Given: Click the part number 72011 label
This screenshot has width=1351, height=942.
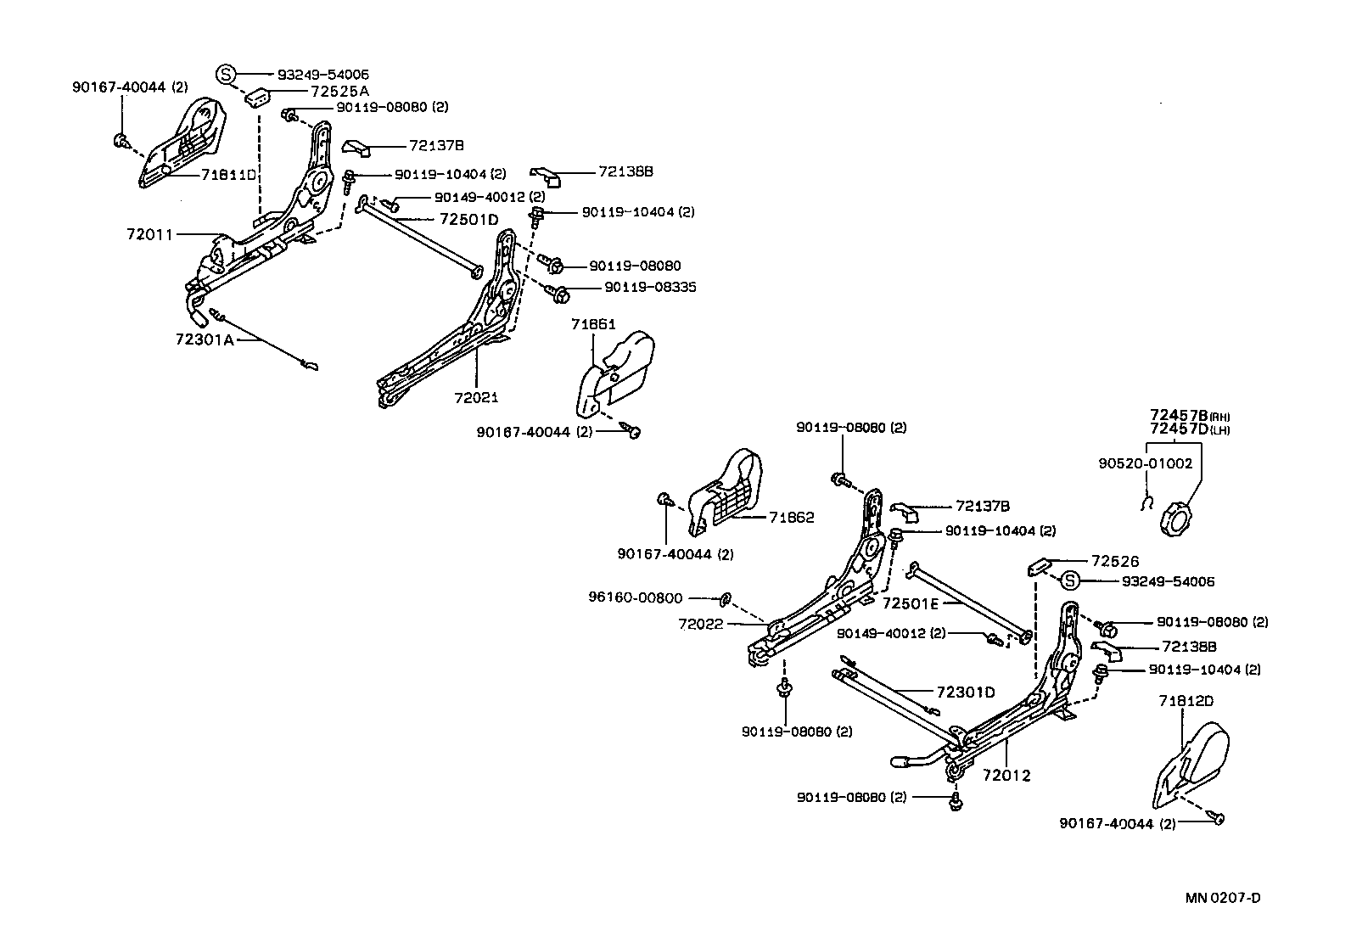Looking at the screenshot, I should pyautogui.click(x=149, y=233).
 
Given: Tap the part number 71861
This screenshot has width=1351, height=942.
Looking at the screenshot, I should pyautogui.click(x=593, y=324).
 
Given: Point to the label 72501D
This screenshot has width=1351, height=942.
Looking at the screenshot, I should pyautogui.click(x=468, y=219).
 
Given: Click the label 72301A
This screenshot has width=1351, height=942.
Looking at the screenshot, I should pyautogui.click(x=205, y=339).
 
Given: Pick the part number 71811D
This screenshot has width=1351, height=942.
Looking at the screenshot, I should pyautogui.click(x=228, y=175).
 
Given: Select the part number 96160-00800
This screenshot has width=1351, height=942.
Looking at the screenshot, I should pyautogui.click(x=635, y=597).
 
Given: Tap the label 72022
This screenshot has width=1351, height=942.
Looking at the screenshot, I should pyautogui.click(x=700, y=624).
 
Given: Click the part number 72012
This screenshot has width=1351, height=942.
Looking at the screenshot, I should pyautogui.click(x=1006, y=775).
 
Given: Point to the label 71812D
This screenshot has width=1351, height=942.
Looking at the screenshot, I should pyautogui.click(x=1186, y=701).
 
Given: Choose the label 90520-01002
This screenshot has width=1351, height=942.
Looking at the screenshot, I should pyautogui.click(x=1145, y=463).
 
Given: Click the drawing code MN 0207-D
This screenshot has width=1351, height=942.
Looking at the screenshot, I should pyautogui.click(x=1223, y=898).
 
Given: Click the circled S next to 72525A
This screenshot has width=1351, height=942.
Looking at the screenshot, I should pyautogui.click(x=226, y=74).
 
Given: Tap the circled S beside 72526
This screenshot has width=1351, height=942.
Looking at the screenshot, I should pyautogui.click(x=1070, y=581).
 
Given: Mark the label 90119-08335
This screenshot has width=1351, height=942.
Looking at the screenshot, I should pyautogui.click(x=650, y=288).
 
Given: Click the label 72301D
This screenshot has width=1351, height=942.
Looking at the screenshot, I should pyautogui.click(x=966, y=692).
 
